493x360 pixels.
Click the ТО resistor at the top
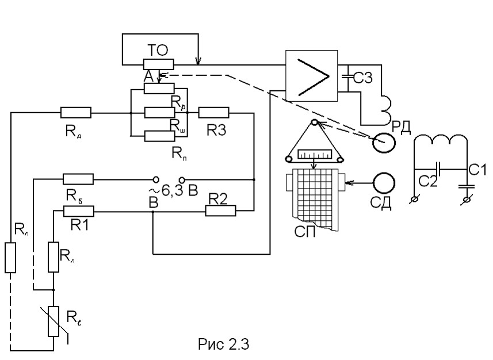[159, 64]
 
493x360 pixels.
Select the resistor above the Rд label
[75, 113]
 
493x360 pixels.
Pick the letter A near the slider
[148, 76]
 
